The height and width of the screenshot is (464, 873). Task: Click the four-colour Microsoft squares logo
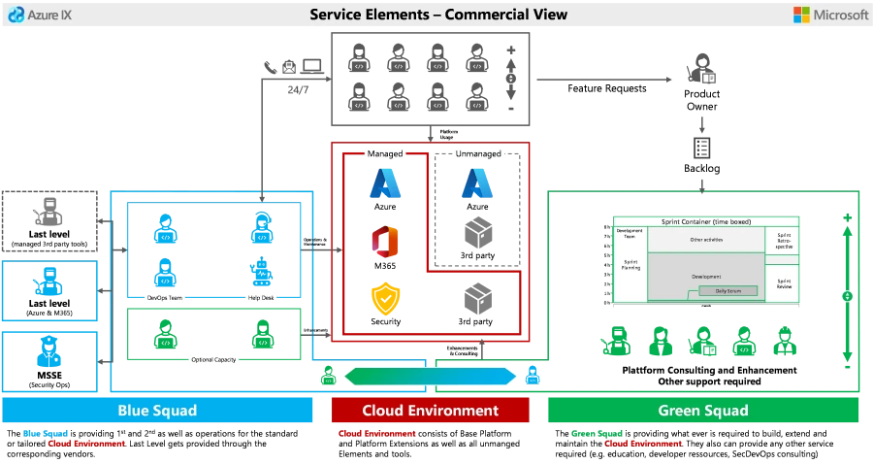point(803,15)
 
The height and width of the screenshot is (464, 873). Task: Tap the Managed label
point(385,153)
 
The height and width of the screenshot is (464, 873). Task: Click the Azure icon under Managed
point(384,182)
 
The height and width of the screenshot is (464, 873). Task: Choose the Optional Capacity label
point(213,360)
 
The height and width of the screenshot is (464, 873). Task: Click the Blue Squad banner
point(158,410)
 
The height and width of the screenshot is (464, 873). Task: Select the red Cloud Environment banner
point(431,410)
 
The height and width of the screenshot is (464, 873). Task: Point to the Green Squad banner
point(703,410)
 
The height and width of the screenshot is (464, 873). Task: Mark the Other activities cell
point(705,239)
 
